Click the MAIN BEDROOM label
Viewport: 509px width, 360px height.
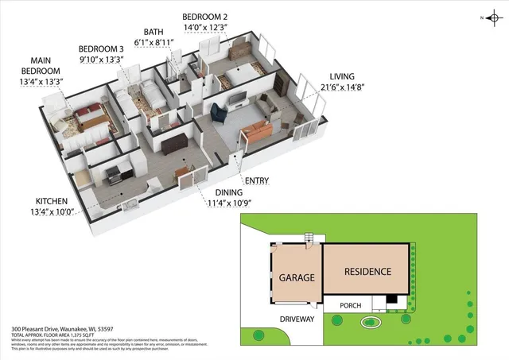point(47,65)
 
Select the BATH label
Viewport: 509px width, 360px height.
point(155,32)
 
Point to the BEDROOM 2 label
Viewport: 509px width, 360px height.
point(206,16)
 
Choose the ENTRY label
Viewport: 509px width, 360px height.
point(257,181)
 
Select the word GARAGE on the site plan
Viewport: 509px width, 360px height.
point(297,278)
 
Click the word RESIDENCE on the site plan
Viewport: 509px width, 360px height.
point(367,272)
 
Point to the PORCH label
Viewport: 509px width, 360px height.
point(351,304)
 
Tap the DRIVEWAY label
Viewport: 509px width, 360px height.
point(297,319)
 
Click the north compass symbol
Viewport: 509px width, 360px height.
point(491,17)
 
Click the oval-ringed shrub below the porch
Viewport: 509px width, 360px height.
point(370,322)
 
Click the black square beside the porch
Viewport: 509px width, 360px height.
point(390,300)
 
